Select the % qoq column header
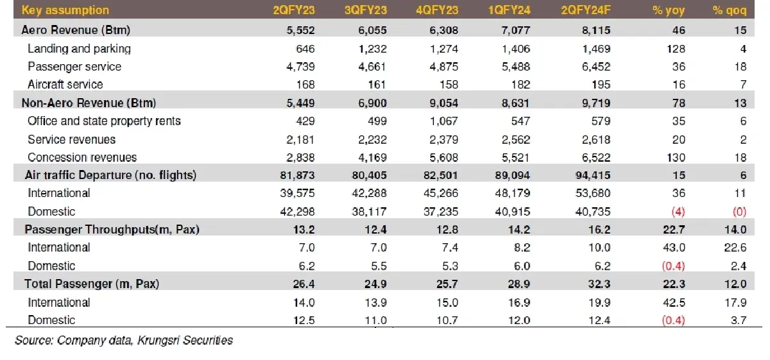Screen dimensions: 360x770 click(x=729, y=10)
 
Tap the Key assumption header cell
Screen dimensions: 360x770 click(x=65, y=10)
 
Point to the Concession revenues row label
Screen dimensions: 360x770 click(x=82, y=157)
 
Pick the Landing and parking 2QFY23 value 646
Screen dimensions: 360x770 click(x=304, y=49)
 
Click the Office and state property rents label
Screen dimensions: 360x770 click(x=104, y=121)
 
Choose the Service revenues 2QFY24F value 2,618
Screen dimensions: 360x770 click(x=594, y=139)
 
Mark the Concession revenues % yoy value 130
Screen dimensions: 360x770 click(x=676, y=157)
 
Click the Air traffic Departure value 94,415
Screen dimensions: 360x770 click(x=590, y=175)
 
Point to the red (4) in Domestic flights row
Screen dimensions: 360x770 click(x=676, y=211)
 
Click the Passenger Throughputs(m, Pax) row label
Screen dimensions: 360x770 click(x=112, y=230)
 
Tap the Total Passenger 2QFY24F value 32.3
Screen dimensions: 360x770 click(x=601, y=284)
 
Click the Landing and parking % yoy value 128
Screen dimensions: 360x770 click(x=676, y=49)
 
